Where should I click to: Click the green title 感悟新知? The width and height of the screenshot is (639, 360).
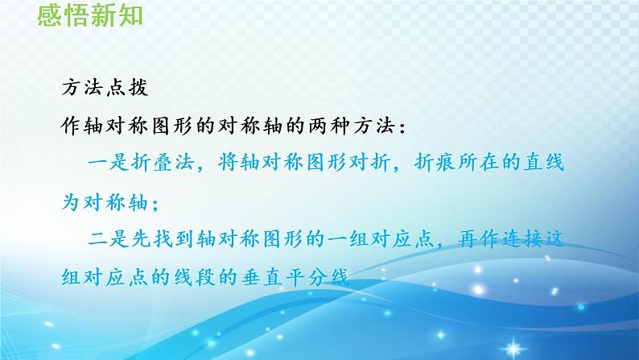(90, 15)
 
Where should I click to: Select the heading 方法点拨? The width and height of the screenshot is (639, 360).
(105, 87)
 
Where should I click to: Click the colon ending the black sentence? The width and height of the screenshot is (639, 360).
(402, 127)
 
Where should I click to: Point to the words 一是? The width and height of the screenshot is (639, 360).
(108, 162)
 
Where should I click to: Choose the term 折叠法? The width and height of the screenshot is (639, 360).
(163, 162)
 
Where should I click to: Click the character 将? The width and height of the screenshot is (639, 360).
(228, 162)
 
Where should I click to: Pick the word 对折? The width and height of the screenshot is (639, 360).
(369, 162)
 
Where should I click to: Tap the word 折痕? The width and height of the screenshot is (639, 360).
(435, 162)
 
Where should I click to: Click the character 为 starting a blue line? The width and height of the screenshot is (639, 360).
(71, 201)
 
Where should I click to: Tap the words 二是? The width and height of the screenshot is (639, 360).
(108, 239)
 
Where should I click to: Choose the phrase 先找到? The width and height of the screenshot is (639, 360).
(163, 239)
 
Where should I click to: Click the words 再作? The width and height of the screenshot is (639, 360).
(479, 239)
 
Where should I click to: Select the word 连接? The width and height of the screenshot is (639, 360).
(522, 239)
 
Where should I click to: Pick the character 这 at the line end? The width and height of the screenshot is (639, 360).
(554, 239)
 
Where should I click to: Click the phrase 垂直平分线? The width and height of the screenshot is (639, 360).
(295, 278)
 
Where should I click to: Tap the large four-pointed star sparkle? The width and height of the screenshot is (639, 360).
(513, 348)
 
